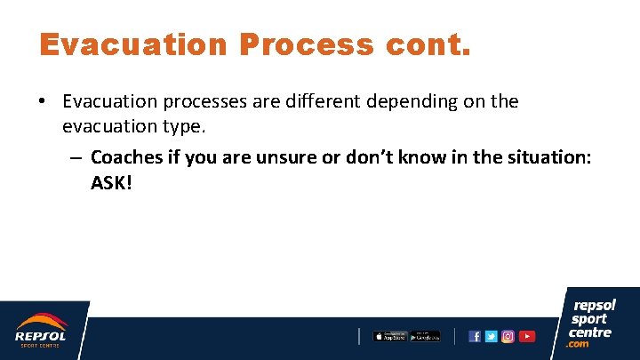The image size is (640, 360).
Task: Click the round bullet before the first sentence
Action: point(43,102)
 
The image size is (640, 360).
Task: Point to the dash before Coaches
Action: point(76,158)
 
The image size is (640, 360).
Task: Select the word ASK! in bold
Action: point(111,182)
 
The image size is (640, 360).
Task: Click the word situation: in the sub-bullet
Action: point(545,157)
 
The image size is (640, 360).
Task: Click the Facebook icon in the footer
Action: point(475,336)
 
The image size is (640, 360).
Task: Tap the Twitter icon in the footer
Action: point(491,336)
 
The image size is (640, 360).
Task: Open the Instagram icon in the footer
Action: point(508,336)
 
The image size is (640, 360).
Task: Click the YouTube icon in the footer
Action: point(527,336)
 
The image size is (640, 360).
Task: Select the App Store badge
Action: point(389,336)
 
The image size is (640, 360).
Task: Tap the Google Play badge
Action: point(425,336)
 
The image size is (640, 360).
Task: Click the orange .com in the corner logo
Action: point(579,344)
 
